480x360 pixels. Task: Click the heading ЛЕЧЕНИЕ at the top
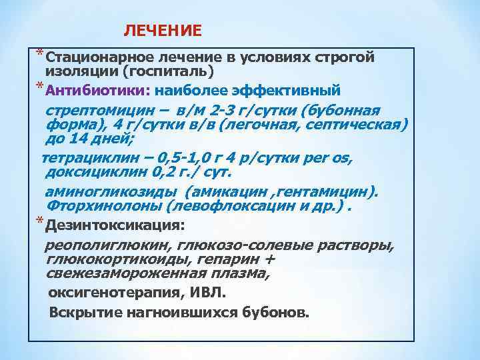point(163,31)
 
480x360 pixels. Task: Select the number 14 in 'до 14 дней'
point(74,139)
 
